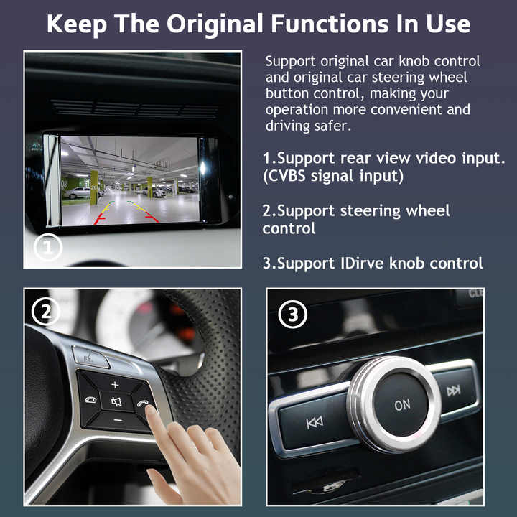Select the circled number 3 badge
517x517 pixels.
(292, 315)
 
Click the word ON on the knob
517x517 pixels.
(402, 405)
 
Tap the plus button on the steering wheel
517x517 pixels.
(114, 384)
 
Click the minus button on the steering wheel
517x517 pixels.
(118, 419)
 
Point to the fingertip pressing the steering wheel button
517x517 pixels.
(151, 411)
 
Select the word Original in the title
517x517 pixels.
(216, 24)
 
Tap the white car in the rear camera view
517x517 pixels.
(77, 192)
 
